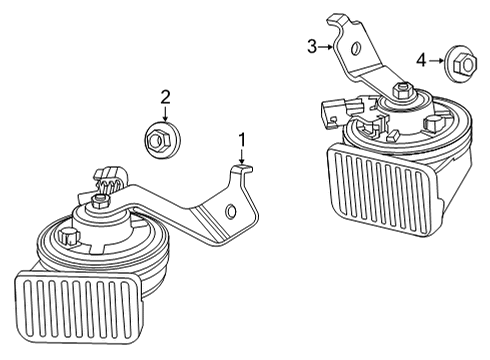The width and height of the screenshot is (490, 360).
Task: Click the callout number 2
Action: coord(166,97)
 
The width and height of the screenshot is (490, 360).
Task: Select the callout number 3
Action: coord(312,45)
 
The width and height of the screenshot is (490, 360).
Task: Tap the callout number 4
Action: coord(421,61)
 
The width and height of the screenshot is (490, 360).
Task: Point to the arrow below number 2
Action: coord(166,113)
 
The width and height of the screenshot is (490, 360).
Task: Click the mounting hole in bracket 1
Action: coord(231,211)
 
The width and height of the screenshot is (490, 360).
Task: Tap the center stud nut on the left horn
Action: coord(101,204)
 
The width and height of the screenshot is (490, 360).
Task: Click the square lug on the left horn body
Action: coord(69,240)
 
